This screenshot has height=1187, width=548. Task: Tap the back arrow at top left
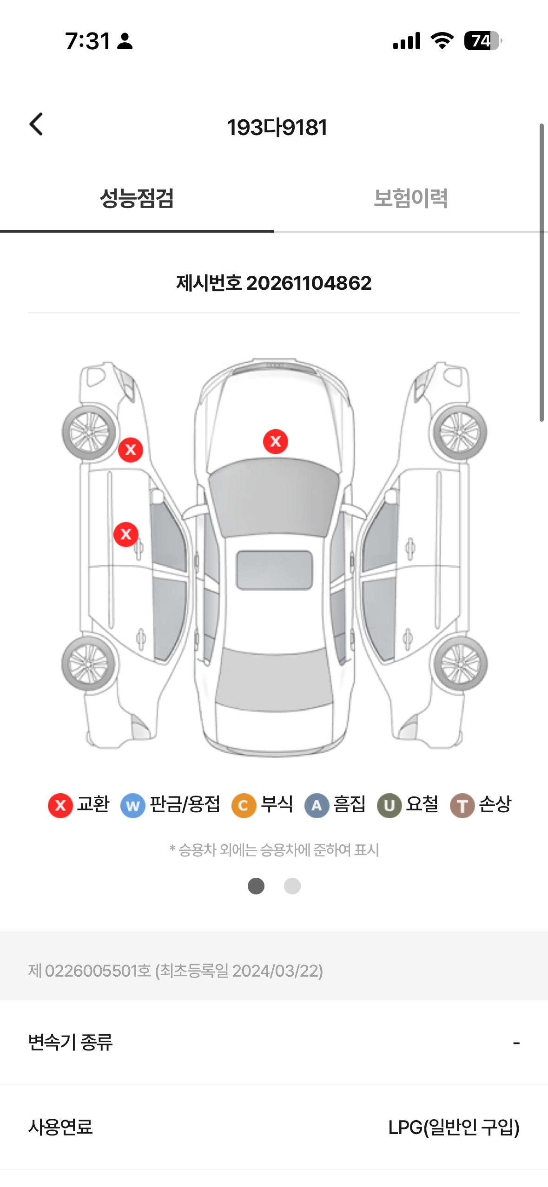[x=36, y=124]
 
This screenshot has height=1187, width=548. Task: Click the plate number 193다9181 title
[x=277, y=127]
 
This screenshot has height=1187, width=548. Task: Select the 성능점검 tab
[x=137, y=198]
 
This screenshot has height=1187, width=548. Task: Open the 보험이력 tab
[x=411, y=198]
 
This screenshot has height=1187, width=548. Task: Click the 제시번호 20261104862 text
[x=274, y=283]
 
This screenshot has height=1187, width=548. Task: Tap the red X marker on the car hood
[x=276, y=442]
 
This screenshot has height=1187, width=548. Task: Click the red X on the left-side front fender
[x=131, y=450]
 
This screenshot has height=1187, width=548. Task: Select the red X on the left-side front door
[x=126, y=534]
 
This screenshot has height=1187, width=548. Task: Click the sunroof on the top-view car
[x=274, y=570]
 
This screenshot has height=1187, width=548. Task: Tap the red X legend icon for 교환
[x=60, y=805]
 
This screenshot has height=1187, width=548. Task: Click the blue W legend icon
[x=133, y=805]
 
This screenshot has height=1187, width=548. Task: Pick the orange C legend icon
[x=244, y=805]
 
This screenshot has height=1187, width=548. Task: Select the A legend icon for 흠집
[x=317, y=805]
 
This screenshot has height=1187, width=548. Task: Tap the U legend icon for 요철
[x=390, y=805]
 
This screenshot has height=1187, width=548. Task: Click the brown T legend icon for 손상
[x=462, y=805]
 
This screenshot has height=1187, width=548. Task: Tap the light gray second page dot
[x=292, y=886]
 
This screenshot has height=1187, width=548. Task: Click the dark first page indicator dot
[x=256, y=886]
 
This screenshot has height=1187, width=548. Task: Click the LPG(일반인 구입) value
[x=454, y=1127]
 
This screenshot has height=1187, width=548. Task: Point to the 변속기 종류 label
[x=70, y=1043]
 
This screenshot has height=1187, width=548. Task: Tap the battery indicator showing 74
[x=483, y=41]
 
